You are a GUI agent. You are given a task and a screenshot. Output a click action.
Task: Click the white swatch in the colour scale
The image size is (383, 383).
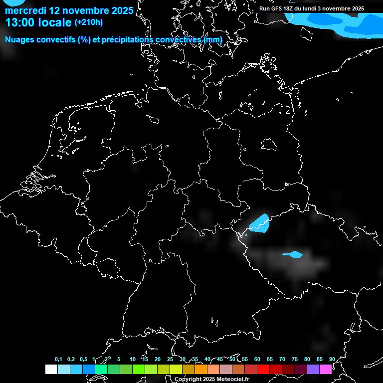pyautogui.click(x=51, y=369)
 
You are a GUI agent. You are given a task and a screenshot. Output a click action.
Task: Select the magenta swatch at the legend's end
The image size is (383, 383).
pyautogui.click(x=326, y=369)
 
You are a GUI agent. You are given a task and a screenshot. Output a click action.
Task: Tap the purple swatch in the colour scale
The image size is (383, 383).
pyautogui.click(x=313, y=369)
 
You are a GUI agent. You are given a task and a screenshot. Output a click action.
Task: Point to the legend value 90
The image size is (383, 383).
pyautogui.click(x=332, y=359)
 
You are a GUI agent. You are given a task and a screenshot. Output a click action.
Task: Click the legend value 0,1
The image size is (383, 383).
pyautogui.click(x=58, y=359)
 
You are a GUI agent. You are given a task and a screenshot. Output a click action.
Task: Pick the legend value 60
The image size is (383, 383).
pyautogui.click(x=257, y=359)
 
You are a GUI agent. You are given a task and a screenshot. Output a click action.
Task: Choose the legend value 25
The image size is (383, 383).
pyautogui.click(x=170, y=359)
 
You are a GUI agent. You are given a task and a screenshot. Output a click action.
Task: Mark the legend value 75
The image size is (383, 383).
pyautogui.click(x=295, y=359)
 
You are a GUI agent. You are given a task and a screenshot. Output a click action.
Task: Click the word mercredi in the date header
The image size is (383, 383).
pyautogui.click(x=25, y=10)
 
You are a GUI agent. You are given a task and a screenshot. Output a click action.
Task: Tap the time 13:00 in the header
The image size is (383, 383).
pyautogui.click(x=20, y=22)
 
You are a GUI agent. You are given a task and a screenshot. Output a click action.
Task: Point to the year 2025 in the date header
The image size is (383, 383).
pyautogui.click(x=121, y=10)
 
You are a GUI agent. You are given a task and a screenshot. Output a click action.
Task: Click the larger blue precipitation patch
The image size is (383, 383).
pyautogui.click(x=259, y=223)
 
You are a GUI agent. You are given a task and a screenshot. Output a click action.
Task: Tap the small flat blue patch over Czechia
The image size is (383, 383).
pyautogui.click(x=293, y=255)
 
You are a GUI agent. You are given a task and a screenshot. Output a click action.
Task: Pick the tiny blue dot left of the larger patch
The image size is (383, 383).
pyautogui.click(x=246, y=234)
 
